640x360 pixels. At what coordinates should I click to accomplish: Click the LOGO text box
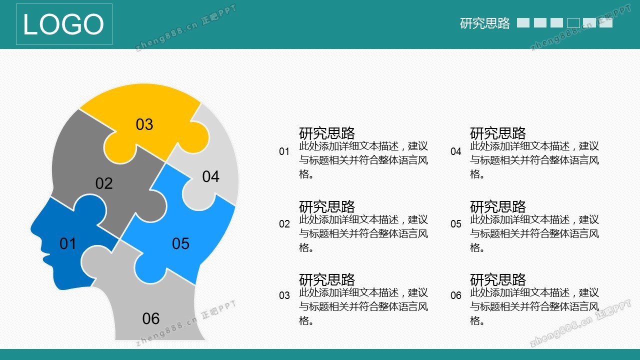64,24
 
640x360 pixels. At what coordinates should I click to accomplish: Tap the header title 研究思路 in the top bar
485,23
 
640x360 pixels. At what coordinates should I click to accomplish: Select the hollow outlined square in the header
573,23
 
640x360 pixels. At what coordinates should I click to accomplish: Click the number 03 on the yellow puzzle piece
144,124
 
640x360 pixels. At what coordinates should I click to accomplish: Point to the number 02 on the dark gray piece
104,183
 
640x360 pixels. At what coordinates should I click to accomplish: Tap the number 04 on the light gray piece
211,176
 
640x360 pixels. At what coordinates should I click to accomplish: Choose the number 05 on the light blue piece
180,243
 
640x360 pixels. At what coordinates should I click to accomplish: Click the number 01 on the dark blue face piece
67,243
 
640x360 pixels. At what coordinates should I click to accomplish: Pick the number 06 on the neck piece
151,318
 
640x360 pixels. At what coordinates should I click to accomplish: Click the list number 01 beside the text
284,151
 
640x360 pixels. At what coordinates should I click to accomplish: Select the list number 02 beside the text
284,223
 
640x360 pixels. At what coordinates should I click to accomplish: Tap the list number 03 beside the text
284,295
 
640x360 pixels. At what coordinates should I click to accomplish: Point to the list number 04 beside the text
455,151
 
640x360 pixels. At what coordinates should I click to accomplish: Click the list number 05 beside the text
455,223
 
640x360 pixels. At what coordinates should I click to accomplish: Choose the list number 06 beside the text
455,295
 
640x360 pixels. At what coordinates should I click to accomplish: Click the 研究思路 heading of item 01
327,133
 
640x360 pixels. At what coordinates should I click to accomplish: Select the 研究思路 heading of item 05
498,206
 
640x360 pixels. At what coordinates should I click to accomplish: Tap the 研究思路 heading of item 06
498,279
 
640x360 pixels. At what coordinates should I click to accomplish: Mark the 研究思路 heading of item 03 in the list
327,279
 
